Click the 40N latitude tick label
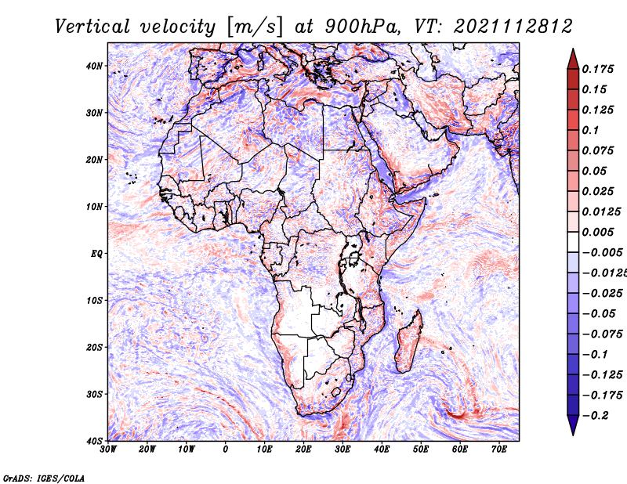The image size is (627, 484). click(94, 66)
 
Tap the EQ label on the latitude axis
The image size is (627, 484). click(96, 254)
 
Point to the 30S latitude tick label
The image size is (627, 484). click(94, 394)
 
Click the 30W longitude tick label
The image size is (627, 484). click(108, 450)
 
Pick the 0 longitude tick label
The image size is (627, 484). click(226, 450)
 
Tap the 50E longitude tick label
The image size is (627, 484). click(421, 450)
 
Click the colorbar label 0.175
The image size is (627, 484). click(598, 69)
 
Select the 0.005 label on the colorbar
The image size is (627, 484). click(598, 232)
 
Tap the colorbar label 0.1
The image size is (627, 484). click(591, 130)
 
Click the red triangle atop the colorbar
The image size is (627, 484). click(573, 60)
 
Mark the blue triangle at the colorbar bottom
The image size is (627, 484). click(573, 424)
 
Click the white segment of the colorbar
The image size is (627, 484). click(573, 242)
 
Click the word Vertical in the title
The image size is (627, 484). click(92, 27)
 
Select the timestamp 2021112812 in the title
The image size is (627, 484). click(513, 27)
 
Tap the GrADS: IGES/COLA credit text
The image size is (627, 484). click(44, 479)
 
